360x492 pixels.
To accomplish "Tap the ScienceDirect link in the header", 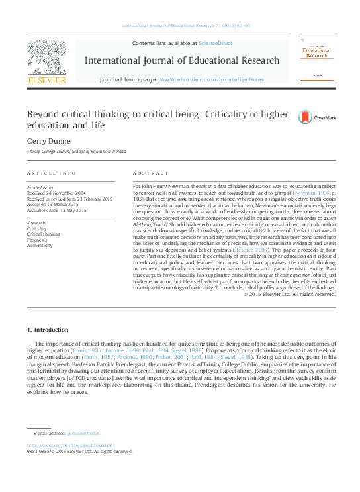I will click(x=216, y=42).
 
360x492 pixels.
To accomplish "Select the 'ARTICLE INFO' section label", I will click(x=52, y=173).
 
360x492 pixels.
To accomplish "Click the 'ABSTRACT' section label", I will click(x=150, y=173).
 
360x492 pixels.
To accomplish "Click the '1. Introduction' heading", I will click(x=43, y=329).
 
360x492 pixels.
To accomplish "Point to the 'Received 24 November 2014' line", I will click(x=56, y=193).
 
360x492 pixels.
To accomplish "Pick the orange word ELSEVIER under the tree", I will click(x=46, y=81).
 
